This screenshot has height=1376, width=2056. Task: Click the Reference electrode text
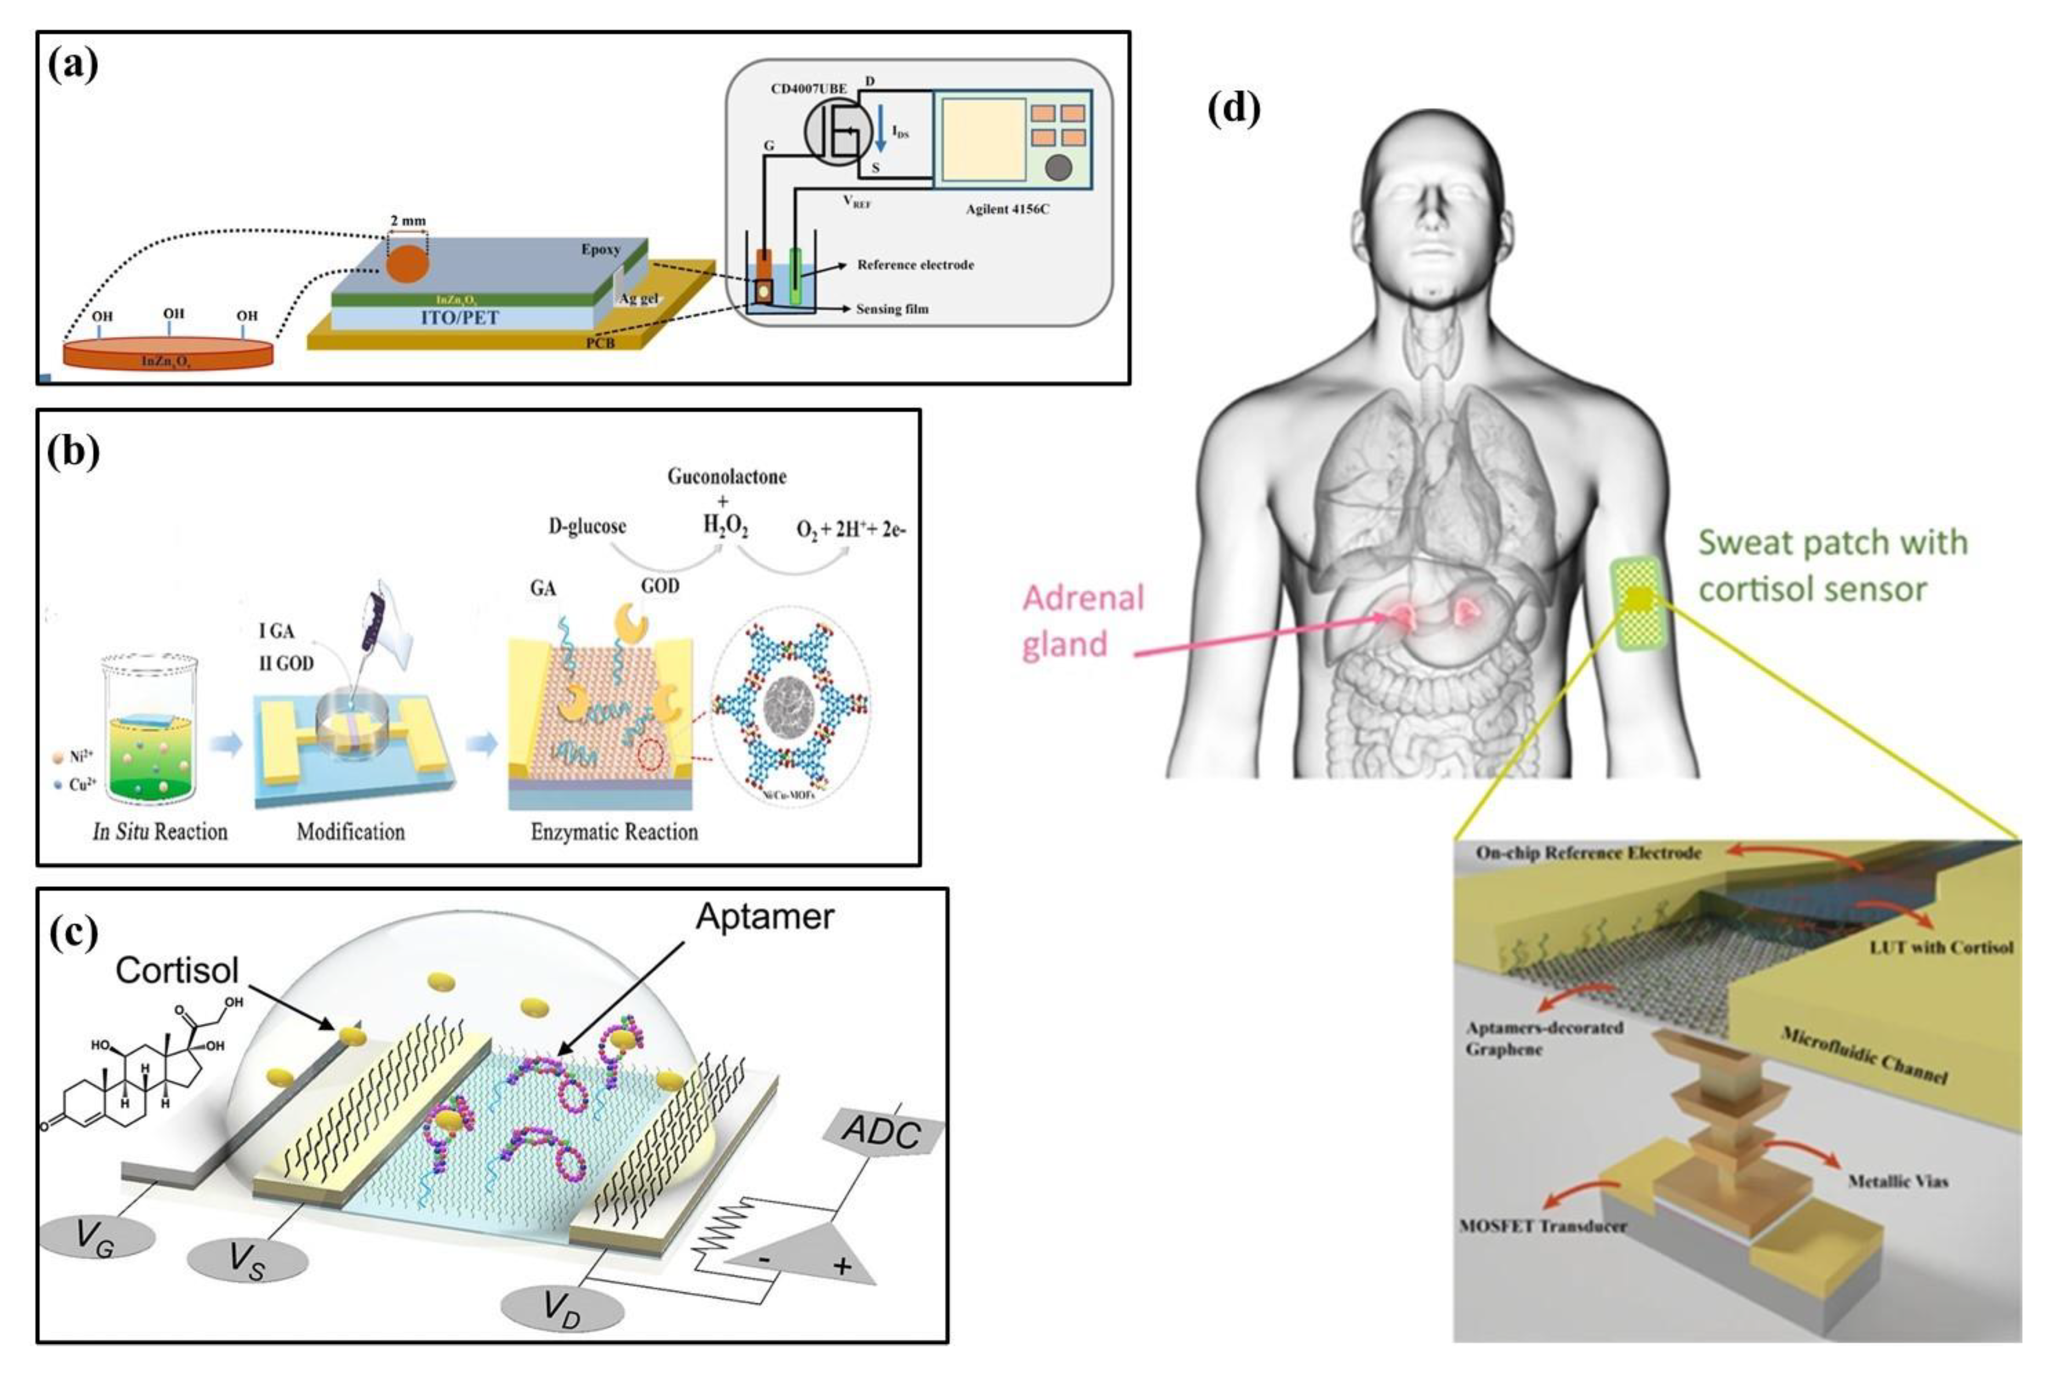click(915, 264)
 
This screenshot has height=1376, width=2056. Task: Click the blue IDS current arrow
click(881, 131)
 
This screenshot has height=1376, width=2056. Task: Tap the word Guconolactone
click(727, 477)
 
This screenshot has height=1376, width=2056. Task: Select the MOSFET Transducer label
click(1542, 1226)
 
